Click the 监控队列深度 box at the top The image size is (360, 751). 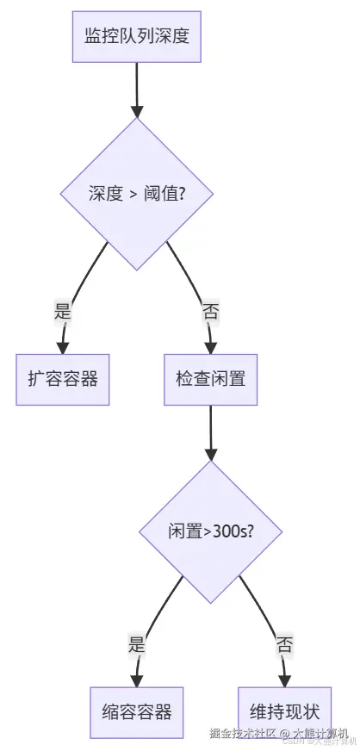(x=136, y=36)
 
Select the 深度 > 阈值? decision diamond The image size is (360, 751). (x=136, y=194)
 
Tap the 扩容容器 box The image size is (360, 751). (x=63, y=379)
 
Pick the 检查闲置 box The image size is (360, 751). (x=211, y=379)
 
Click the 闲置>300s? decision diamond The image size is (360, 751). (x=211, y=532)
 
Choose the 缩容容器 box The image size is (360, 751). (x=137, y=711)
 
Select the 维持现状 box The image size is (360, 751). (x=284, y=711)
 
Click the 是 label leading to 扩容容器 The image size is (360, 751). (x=63, y=312)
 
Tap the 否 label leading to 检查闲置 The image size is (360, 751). (x=210, y=312)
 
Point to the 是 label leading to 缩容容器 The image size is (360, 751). (x=137, y=644)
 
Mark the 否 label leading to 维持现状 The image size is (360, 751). (x=284, y=644)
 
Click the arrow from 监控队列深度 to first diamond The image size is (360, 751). (x=136, y=86)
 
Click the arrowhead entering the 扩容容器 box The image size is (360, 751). (x=62, y=346)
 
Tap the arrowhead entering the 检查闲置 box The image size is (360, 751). (x=211, y=346)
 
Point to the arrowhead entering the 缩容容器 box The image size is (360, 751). (x=137, y=680)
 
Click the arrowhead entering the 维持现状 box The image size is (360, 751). (x=284, y=680)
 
